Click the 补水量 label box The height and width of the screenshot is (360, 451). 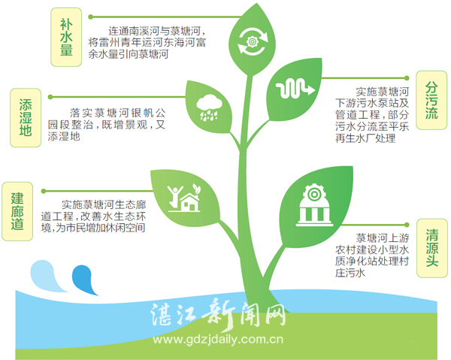tap(66, 37)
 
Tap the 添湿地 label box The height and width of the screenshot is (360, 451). tap(26, 117)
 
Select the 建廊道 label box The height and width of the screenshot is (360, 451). tap(17, 211)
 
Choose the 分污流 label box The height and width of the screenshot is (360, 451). tap(431, 100)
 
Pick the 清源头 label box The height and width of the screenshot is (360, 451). tap(432, 248)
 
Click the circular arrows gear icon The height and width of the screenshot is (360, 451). tap(253, 42)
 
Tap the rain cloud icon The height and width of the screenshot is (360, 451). tap(209, 107)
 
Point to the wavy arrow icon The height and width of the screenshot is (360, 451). tap(295, 89)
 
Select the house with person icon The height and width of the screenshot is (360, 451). tap(184, 198)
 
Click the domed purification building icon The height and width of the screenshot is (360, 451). tap(314, 204)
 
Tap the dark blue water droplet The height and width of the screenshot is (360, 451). tap(84, 280)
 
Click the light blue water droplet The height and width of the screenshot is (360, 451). tap(47, 276)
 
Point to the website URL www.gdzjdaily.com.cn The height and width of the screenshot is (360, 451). tap(218, 340)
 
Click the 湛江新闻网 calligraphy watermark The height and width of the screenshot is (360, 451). tap(218, 314)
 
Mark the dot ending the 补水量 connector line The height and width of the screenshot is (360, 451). tap(91, 17)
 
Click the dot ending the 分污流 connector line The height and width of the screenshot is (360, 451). tap(407, 78)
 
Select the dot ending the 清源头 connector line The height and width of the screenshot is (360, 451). tap(407, 225)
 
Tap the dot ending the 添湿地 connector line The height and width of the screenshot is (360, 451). tap(50, 97)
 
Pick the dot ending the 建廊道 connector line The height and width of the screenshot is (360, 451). tap(44, 191)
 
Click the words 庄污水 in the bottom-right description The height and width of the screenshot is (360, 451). tap(350, 273)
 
